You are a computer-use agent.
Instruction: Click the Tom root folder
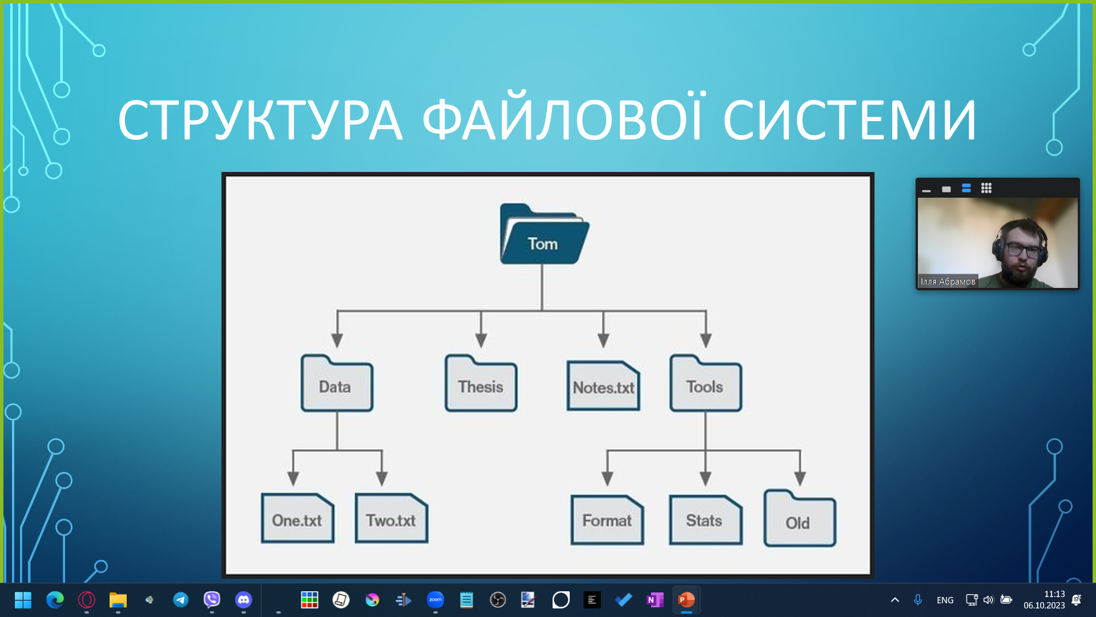pyautogui.click(x=543, y=235)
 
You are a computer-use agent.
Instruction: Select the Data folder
pyautogui.click(x=337, y=384)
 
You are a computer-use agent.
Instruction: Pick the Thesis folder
pyautogui.click(x=481, y=384)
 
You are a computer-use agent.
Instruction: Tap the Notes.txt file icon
pyautogui.click(x=603, y=386)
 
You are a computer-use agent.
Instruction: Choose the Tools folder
pyautogui.click(x=706, y=384)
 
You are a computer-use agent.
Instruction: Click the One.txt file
pyautogui.click(x=297, y=519)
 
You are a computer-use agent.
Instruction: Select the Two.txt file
pyautogui.click(x=391, y=519)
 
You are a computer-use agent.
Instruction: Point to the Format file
pyautogui.click(x=607, y=520)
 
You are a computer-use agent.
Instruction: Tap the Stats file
pyautogui.click(x=705, y=520)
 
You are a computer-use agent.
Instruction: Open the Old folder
pyautogui.click(x=799, y=520)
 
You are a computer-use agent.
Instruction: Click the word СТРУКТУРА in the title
pyautogui.click(x=260, y=121)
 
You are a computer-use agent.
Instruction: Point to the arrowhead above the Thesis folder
pyautogui.click(x=481, y=340)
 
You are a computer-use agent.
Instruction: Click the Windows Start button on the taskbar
pyautogui.click(x=23, y=600)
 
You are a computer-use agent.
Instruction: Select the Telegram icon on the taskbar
pyautogui.click(x=180, y=600)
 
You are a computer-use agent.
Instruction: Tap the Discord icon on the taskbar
pyautogui.click(x=244, y=600)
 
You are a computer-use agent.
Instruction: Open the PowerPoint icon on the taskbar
pyautogui.click(x=686, y=600)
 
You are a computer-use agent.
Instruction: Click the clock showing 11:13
pyautogui.click(x=1054, y=594)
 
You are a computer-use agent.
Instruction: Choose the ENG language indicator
pyautogui.click(x=945, y=600)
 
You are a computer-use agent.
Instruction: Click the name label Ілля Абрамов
pyautogui.click(x=948, y=281)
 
